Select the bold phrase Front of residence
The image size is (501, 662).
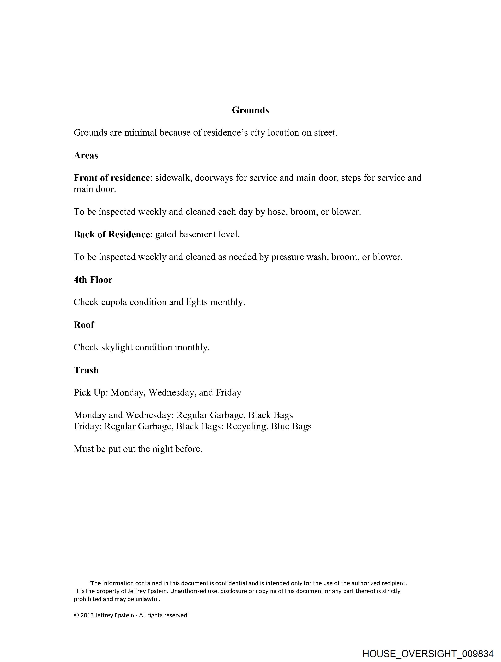tap(112, 178)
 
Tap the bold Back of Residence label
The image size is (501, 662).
tap(112, 234)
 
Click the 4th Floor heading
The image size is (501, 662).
tap(93, 280)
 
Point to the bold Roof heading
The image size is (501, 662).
tap(84, 325)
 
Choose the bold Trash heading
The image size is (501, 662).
tap(86, 370)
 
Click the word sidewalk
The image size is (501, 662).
tap(173, 178)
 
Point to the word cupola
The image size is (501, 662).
tap(114, 302)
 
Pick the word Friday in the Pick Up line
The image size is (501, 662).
tap(228, 393)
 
